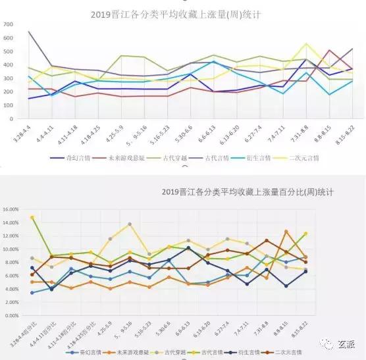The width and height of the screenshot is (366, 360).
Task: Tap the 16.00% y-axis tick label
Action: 13,209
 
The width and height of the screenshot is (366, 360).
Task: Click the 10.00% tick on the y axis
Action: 13,249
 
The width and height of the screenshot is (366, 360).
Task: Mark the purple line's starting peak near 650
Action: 29,32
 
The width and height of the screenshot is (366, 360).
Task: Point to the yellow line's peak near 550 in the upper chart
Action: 306,44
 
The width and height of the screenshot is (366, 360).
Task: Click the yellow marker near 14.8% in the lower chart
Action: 32,217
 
